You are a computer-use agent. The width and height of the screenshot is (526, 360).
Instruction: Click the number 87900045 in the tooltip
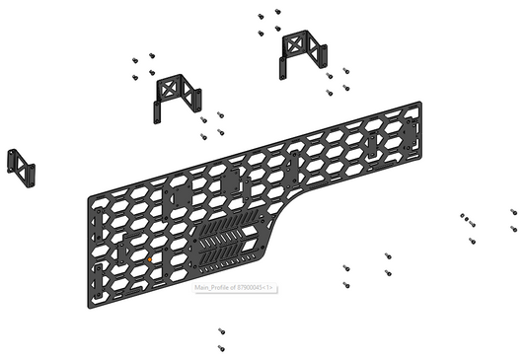(252, 288)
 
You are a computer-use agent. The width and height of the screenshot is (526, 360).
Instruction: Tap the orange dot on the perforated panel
(148, 258)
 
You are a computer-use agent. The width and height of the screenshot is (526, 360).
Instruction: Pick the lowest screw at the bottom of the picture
(220, 348)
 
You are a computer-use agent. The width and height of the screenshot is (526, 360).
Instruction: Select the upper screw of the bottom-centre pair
(220, 332)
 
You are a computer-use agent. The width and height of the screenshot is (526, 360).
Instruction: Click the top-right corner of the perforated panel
(421, 102)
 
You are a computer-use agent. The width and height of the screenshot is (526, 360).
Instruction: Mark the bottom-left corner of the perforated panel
(103, 293)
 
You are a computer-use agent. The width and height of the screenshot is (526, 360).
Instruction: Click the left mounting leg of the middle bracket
(157, 107)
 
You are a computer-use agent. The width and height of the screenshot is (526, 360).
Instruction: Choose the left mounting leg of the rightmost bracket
(283, 63)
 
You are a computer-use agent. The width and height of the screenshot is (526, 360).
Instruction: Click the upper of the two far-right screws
(513, 211)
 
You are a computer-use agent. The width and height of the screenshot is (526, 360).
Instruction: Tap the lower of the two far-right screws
(513, 229)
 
